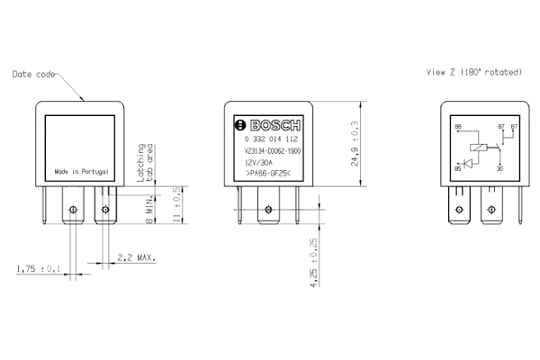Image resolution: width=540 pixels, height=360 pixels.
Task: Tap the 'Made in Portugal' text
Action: point(82,170)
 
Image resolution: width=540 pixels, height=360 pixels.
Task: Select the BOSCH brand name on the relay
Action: point(268,124)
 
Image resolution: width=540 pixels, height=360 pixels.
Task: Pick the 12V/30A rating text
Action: point(258,162)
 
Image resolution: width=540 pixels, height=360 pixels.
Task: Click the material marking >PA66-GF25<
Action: point(267,172)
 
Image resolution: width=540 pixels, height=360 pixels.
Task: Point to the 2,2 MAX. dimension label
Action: point(137,257)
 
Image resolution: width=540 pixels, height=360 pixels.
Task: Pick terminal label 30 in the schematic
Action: point(499,168)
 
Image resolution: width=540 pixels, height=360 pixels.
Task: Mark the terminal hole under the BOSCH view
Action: point(267,214)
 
